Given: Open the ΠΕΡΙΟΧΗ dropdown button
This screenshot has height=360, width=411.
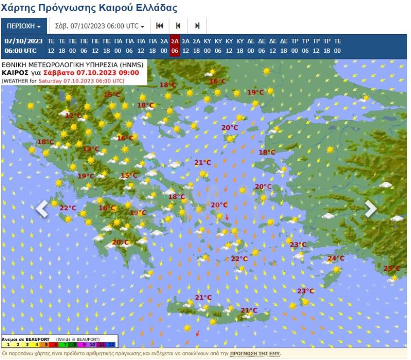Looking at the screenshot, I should [24, 26].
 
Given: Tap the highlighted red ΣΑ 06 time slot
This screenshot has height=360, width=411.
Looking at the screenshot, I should [175, 46].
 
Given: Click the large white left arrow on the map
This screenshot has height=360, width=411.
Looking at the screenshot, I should [42, 209].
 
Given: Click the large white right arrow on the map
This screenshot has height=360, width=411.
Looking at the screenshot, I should [370, 209].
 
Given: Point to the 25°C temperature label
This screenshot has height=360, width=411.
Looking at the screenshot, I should [391, 268].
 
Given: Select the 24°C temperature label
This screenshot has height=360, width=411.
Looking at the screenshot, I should [335, 259].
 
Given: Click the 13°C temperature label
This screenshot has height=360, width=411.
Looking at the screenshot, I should [91, 149].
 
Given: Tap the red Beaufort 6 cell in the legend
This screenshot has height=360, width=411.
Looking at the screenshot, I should [56, 344].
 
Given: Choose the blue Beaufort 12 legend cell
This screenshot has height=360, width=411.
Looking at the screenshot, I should [112, 344].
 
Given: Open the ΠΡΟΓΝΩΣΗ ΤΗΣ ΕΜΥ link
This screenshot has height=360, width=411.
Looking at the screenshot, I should [255, 354].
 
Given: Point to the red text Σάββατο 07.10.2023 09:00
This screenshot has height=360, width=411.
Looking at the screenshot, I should [91, 73].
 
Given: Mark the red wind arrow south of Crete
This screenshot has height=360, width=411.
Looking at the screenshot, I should [198, 333].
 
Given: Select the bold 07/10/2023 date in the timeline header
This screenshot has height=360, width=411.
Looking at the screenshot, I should [23, 41].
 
